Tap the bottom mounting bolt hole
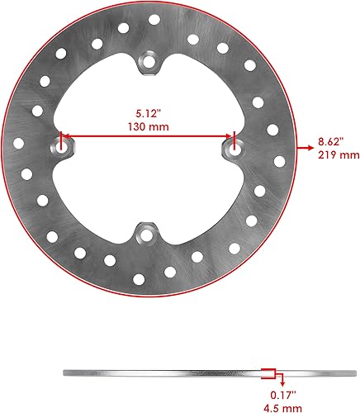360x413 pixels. pyautogui.click(x=149, y=235)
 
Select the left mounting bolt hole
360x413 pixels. pyautogui.click(x=63, y=147)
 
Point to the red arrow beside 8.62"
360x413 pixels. pyautogui.click(x=302, y=147)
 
